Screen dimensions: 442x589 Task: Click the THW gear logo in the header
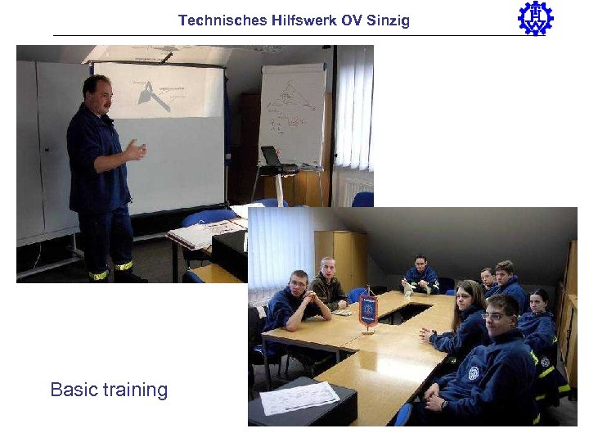click(536, 18)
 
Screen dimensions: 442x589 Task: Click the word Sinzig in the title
click(388, 20)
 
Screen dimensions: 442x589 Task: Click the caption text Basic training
click(109, 390)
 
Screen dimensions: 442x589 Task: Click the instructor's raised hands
click(135, 150)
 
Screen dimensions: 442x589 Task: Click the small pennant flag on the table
click(368, 309)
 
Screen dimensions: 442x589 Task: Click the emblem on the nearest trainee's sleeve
click(473, 372)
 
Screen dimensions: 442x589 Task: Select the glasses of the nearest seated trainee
click(496, 315)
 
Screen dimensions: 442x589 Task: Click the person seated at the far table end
click(421, 275)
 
